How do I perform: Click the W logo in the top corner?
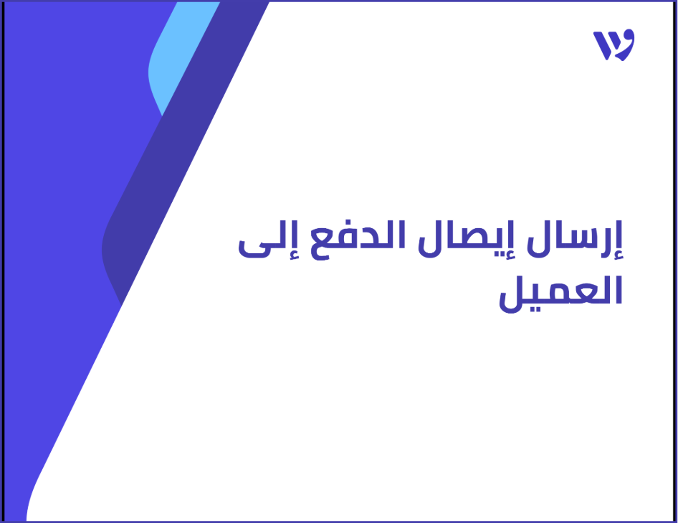point(613,45)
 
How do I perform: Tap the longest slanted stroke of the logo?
point(601,45)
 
